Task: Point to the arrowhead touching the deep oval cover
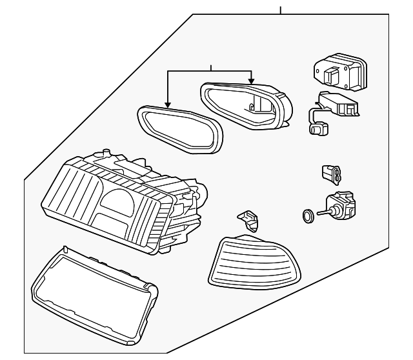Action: click(x=252, y=83)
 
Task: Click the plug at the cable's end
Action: click(x=316, y=129)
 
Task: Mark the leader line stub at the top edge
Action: click(x=281, y=10)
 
